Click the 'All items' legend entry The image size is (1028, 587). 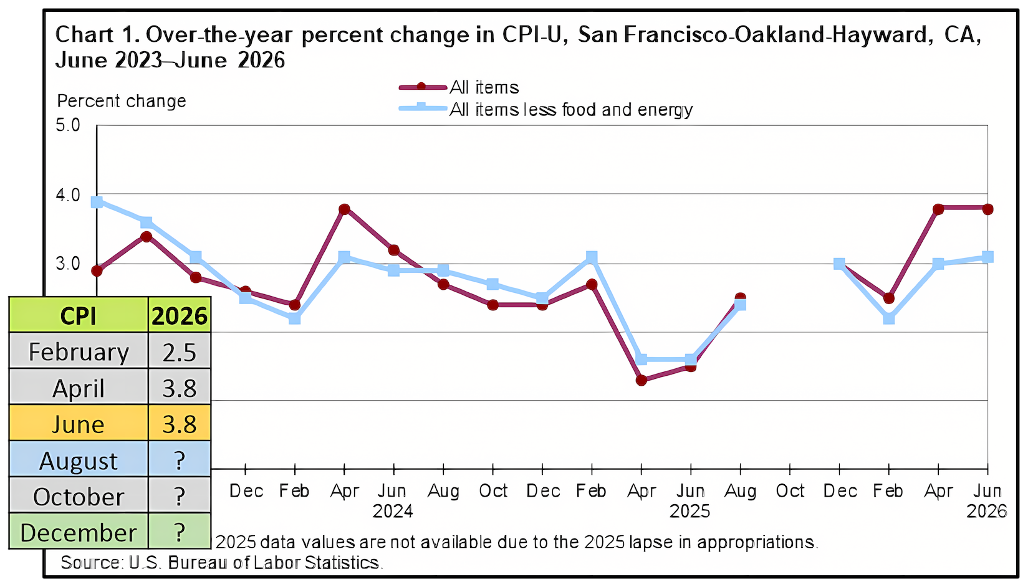tap(459, 87)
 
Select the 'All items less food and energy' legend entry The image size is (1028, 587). tap(545, 109)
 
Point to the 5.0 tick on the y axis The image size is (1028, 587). tap(68, 125)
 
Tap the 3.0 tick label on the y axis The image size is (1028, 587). tap(68, 264)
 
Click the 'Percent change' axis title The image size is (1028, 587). tap(122, 101)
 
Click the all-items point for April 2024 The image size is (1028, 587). tap(344, 209)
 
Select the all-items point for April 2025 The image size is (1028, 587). tap(641, 380)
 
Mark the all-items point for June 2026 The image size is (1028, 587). tap(987, 209)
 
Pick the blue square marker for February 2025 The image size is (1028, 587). tap(592, 257)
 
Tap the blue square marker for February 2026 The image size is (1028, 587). tap(889, 318)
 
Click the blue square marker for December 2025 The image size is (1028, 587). tap(839, 264)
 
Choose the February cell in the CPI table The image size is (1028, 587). tap(79, 351)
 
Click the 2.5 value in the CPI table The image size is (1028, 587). tap(180, 352)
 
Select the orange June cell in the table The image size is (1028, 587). tap(79, 423)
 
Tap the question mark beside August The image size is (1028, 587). tap(180, 460)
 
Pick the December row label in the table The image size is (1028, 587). tap(79, 532)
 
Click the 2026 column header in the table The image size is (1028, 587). tap(180, 315)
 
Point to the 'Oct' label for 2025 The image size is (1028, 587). tap(790, 491)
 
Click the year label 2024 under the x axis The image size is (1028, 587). tap(393, 511)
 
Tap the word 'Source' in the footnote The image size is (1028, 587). tap(90, 562)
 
